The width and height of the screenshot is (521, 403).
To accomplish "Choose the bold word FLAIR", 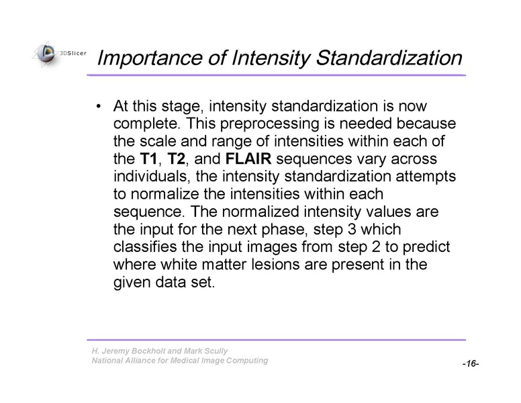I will pyautogui.click(x=248, y=160).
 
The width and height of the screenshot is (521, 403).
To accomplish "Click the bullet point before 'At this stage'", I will pyautogui.click(x=99, y=107).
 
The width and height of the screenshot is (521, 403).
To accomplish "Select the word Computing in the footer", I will pyautogui.click(x=245, y=361).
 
